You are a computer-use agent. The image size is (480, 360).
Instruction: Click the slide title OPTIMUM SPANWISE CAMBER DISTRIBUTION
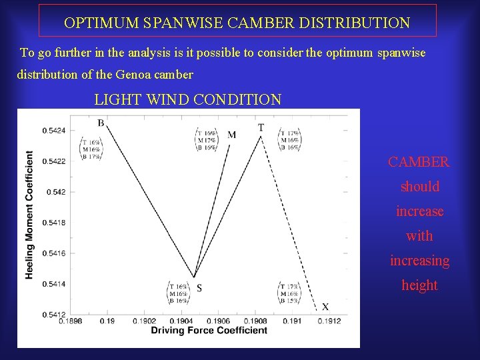point(237,23)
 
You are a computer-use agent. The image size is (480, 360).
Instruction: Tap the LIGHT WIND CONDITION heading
point(188,100)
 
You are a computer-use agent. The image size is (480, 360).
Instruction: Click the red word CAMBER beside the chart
point(419,162)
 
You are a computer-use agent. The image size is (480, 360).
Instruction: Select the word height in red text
point(419,285)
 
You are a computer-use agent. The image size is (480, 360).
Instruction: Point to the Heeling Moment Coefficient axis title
point(29,215)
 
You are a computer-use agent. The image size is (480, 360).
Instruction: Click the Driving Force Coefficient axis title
point(209,331)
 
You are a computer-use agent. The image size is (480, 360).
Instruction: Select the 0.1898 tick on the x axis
point(71,321)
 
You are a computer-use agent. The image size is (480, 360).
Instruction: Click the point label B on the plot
point(101,123)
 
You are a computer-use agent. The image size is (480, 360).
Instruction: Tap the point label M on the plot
point(231,135)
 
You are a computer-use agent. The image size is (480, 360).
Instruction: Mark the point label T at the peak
point(261,127)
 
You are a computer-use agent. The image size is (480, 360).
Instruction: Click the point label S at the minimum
point(199,288)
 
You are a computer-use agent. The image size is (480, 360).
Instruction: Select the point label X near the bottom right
point(325,307)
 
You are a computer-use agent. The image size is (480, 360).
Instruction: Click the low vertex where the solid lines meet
point(194,277)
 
